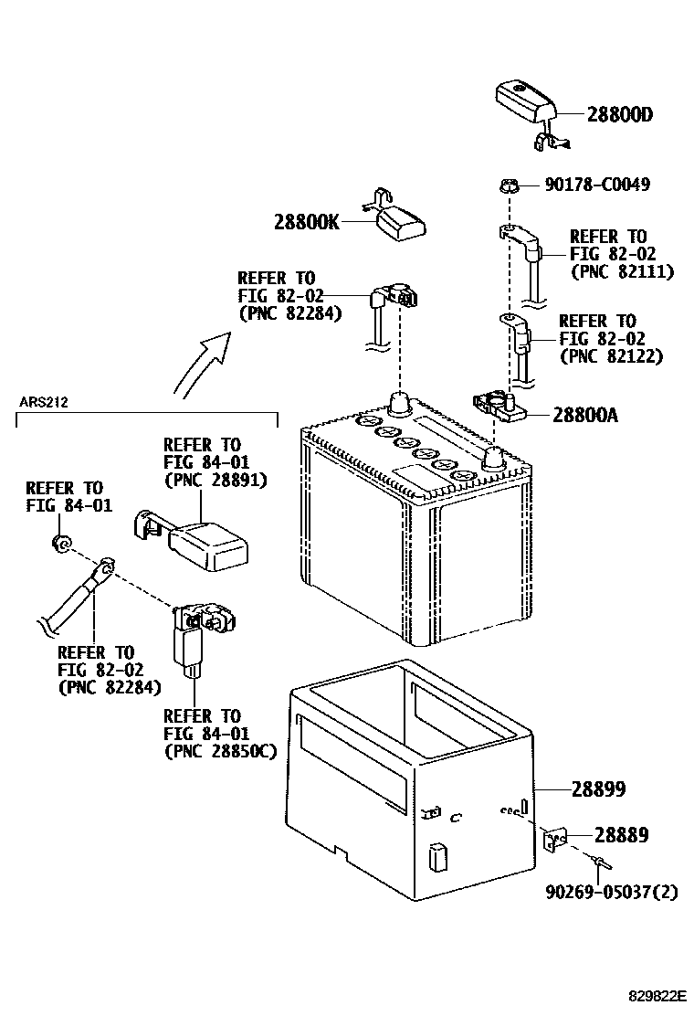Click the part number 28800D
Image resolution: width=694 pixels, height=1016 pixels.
pos(621,115)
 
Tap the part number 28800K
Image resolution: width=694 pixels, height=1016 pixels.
pos(306,221)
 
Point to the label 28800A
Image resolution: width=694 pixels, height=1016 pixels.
pos(585,415)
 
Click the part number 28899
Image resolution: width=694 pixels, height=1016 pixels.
pos(598,788)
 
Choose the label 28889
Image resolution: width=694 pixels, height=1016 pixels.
pos(622,834)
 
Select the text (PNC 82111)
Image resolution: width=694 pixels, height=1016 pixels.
pos(621,271)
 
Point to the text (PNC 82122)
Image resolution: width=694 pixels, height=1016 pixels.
pos(610,355)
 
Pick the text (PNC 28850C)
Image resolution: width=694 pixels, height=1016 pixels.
pos(219,750)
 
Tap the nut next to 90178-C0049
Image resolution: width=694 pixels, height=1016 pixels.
pos(511,186)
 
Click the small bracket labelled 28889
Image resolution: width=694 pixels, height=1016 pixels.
pos(556,838)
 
